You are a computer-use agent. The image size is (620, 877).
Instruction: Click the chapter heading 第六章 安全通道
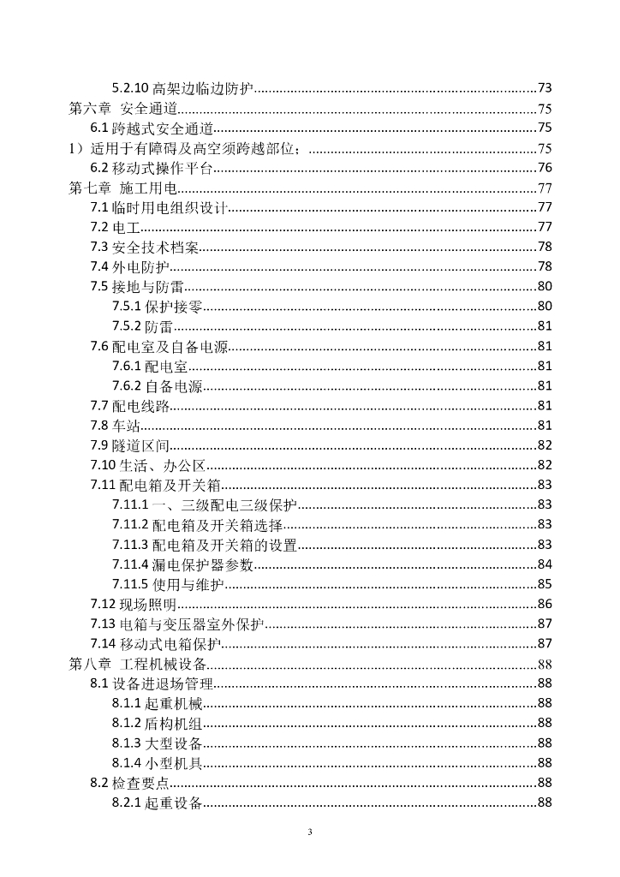pyautogui.click(x=123, y=109)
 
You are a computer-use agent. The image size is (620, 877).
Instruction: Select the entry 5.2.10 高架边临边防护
pyautogui.click(x=184, y=88)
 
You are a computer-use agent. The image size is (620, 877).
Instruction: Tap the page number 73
pyautogui.click(x=545, y=88)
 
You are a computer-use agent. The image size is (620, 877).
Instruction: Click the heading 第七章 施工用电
pyautogui.click(x=123, y=188)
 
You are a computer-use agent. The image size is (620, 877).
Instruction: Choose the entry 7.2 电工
pyautogui.click(x=115, y=227)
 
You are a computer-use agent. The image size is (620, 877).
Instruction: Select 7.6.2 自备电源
pyautogui.click(x=158, y=386)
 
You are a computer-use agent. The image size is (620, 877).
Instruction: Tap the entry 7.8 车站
pyautogui.click(x=115, y=426)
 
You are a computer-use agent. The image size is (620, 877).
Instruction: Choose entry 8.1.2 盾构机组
pyautogui.click(x=158, y=723)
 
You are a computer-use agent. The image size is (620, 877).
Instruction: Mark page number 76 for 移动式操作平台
pyautogui.click(x=545, y=168)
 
